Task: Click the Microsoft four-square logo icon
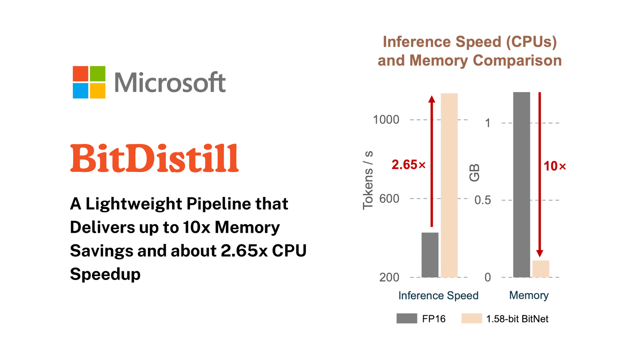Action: tap(89, 82)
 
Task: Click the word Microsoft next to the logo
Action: tap(170, 82)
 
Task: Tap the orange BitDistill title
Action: tap(154, 159)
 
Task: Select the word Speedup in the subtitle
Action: tap(105, 274)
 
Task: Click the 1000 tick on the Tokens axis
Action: tap(386, 120)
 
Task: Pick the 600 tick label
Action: tap(389, 199)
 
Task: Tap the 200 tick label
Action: tap(389, 277)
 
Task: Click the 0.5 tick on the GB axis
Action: tap(483, 200)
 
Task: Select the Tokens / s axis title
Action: tap(368, 180)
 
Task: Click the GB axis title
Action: tap(474, 173)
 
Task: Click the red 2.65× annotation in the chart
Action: tap(408, 165)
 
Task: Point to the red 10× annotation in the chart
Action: tap(555, 166)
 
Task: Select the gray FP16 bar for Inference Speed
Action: tap(430, 255)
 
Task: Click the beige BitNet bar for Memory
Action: tap(541, 269)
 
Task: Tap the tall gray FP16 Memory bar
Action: tap(522, 184)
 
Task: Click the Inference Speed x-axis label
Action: tap(438, 296)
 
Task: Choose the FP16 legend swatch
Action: tap(407, 318)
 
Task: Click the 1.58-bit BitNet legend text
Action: tap(517, 319)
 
